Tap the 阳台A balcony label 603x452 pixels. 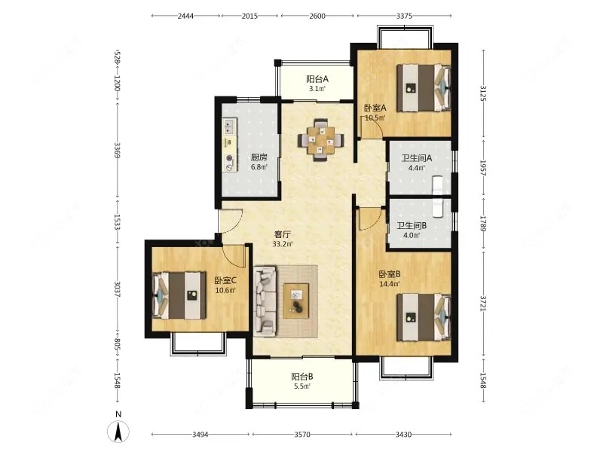click(317, 79)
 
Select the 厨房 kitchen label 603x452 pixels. click(259, 157)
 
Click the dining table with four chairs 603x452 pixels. click(321, 140)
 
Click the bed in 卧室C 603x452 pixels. click(179, 295)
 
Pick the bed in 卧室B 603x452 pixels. click(424, 317)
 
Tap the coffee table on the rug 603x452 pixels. click(296, 301)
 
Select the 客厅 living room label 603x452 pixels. click(282, 234)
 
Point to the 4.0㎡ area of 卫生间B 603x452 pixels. click(411, 235)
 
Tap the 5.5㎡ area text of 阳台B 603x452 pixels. click(302, 386)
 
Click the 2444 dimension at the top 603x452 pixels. click(185, 16)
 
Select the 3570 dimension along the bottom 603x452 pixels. click(302, 435)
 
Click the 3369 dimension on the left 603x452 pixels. click(118, 151)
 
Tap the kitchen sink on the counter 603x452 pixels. click(230, 127)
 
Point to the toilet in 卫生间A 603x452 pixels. click(438, 185)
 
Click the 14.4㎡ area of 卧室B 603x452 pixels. click(390, 284)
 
